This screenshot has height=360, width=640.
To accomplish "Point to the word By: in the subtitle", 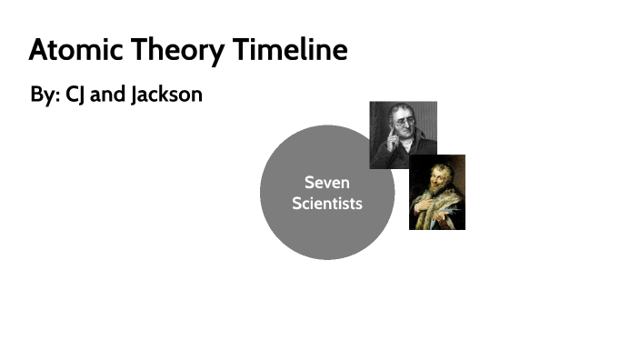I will click(x=45, y=95).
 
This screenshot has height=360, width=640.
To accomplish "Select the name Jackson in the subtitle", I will click(x=166, y=95).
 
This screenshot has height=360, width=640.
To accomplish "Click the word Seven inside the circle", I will click(x=327, y=183).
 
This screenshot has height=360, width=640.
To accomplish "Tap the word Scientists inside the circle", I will click(x=327, y=203).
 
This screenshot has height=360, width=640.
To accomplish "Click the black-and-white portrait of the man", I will click(x=403, y=135).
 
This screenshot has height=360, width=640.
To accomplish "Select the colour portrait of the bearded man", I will click(x=437, y=192).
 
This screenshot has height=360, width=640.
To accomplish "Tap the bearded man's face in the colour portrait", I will click(x=435, y=174).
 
